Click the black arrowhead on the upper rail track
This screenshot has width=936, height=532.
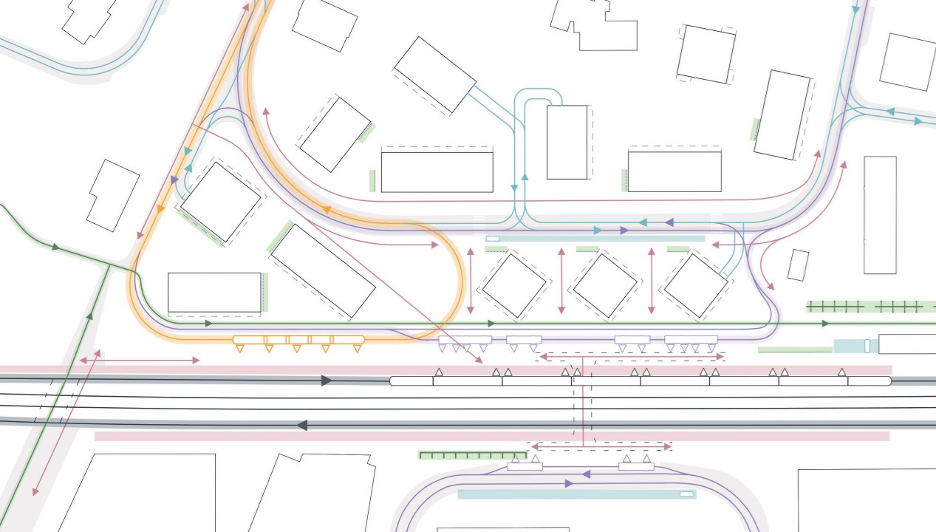tap(327, 381)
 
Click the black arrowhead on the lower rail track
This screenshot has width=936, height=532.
tap(301, 425)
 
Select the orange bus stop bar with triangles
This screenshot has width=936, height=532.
tap(298, 340)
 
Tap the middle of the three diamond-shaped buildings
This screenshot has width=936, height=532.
tap(605, 285)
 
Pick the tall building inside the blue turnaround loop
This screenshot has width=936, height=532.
tap(567, 142)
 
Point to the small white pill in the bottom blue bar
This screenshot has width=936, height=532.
tap(687, 494)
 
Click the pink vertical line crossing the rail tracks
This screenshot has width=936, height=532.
tap(583, 403)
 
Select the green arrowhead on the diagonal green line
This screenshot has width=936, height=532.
tap(90, 316)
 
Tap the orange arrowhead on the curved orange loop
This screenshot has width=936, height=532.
tap(325, 210)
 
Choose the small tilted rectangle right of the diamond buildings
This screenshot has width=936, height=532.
tap(798, 265)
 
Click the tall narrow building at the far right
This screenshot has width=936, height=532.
tap(880, 214)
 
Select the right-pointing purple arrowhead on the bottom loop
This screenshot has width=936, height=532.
tap(569, 483)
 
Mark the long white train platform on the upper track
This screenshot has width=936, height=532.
tap(639, 381)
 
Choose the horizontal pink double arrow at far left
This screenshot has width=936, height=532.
tap(140, 361)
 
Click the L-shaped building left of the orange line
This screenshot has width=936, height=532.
tap(112, 195)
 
